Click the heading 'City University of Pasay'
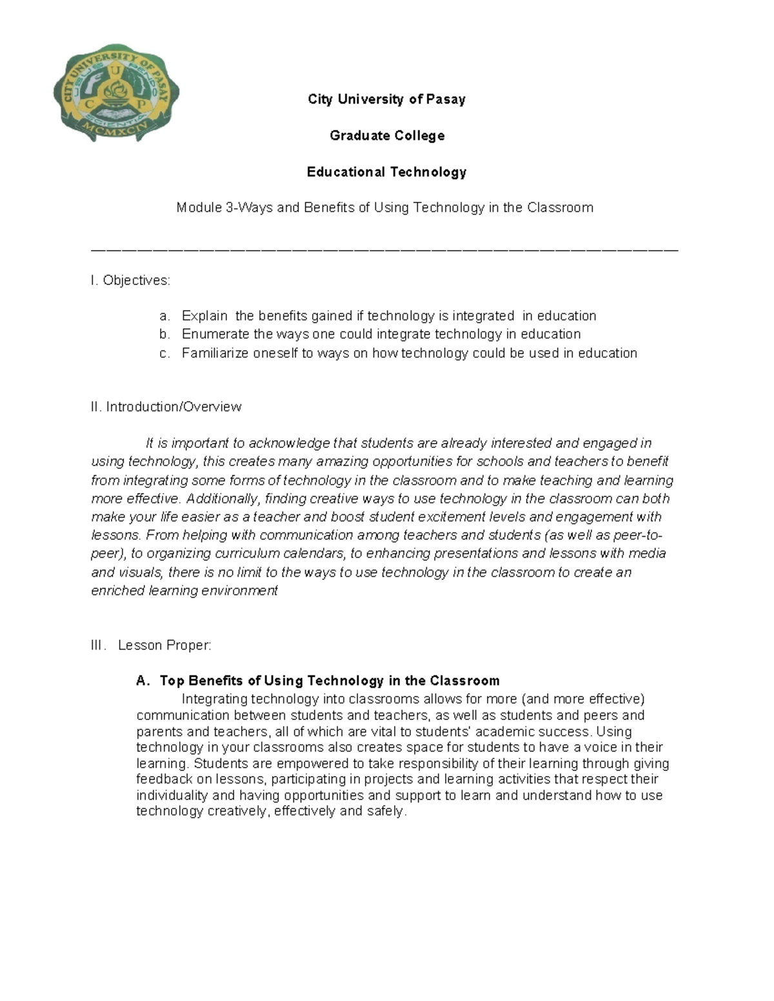coord(386,99)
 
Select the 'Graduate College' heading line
coord(386,135)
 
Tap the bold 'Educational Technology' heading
coord(386,172)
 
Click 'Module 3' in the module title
coord(203,208)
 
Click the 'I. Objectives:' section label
coord(131,280)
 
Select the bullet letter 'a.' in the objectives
coord(164,316)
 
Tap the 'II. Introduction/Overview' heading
coord(166,407)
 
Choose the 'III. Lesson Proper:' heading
coord(152,645)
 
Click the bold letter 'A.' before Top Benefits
coord(143,681)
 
